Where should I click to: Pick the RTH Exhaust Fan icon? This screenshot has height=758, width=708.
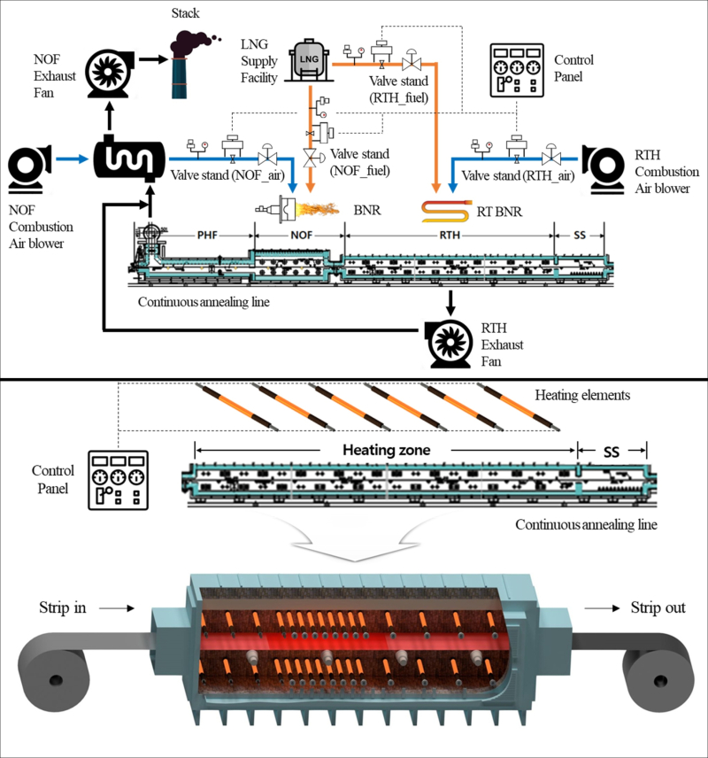click(451, 343)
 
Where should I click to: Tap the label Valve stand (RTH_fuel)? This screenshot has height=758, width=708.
click(398, 89)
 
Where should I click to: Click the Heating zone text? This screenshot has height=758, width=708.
click(387, 450)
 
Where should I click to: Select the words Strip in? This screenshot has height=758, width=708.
click(62, 607)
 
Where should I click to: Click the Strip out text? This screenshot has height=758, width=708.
click(658, 607)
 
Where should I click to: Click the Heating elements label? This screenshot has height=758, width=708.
click(582, 394)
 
